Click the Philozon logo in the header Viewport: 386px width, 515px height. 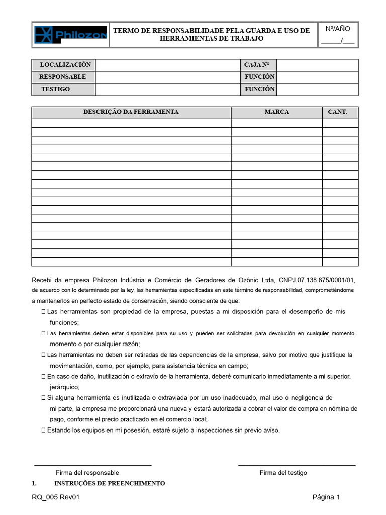[x=70, y=35]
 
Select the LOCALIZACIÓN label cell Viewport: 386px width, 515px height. [x=65, y=65]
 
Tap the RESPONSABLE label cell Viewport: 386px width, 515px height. [x=62, y=77]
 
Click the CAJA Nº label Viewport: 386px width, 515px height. [x=257, y=65]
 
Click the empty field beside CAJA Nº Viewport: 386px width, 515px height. [x=318, y=65]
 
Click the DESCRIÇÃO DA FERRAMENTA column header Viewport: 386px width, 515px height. [x=131, y=112]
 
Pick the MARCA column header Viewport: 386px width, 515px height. [x=277, y=112]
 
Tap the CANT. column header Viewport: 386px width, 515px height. [x=337, y=112]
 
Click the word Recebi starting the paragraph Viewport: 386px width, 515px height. [x=42, y=280]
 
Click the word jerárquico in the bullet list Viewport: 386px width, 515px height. [x=65, y=387]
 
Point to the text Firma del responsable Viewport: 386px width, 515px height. [x=87, y=473]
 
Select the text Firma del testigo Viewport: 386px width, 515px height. [x=283, y=473]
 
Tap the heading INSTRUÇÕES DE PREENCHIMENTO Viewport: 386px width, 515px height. [x=110, y=483]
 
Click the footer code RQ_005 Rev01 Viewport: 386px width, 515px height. [x=55, y=498]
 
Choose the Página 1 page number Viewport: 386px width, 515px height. [x=326, y=498]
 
